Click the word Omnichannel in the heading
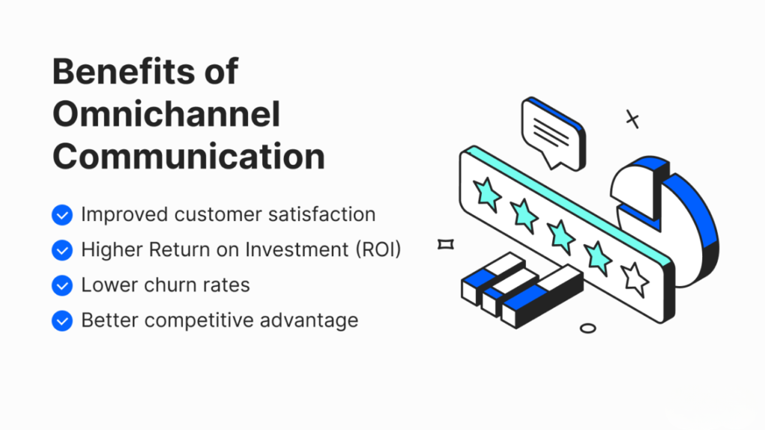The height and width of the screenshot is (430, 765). coord(167,114)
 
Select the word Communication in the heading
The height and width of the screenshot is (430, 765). coord(189,157)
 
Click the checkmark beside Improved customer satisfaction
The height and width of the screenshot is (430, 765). coord(62,215)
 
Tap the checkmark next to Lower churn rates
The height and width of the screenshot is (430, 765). coord(62,286)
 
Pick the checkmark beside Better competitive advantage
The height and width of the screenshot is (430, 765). coord(62,321)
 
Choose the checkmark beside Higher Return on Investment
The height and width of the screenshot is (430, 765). coord(62,250)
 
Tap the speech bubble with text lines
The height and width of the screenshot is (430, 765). coord(554,133)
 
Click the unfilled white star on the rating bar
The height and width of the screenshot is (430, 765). coord(635,279)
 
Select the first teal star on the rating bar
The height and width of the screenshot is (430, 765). coord(486,194)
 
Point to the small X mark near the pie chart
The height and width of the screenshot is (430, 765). coord(632,119)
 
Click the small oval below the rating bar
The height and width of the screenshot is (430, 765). coord(588,328)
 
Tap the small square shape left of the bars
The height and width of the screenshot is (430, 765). coord(445,244)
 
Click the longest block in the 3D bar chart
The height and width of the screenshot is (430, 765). coord(542,296)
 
